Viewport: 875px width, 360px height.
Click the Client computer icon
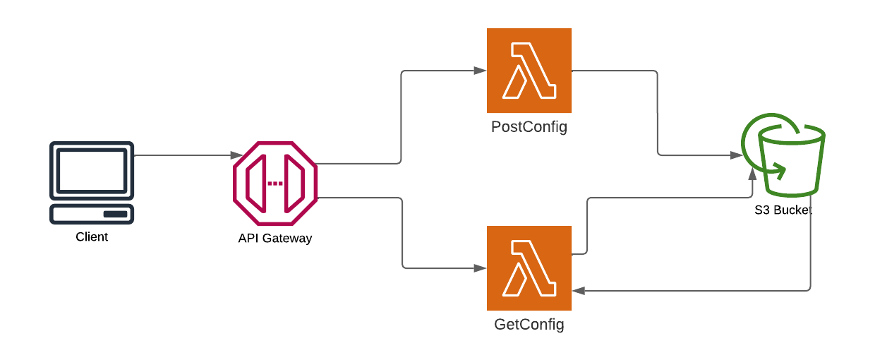[x=92, y=182]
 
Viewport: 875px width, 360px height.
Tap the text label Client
[x=92, y=237]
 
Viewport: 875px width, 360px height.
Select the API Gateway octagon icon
[x=275, y=184]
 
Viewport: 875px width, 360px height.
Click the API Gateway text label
[x=275, y=239]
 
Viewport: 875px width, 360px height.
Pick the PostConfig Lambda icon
[x=529, y=71]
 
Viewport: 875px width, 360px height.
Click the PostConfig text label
[x=529, y=128]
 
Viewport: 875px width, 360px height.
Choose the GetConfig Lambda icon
[x=529, y=268]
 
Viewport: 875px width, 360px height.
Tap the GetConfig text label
[x=529, y=325]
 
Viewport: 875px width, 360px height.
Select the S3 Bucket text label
[x=783, y=210]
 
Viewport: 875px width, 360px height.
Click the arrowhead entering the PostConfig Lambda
[x=480, y=71]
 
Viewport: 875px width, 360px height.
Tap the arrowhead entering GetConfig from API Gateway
[x=480, y=268]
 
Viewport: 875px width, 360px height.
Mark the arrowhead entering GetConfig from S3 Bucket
[x=578, y=290]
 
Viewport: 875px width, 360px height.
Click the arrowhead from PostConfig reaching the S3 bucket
[x=735, y=155]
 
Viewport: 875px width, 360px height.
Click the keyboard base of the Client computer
[x=92, y=214]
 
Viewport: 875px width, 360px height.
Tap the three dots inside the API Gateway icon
[x=275, y=184]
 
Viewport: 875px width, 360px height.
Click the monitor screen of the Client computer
[x=92, y=169]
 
